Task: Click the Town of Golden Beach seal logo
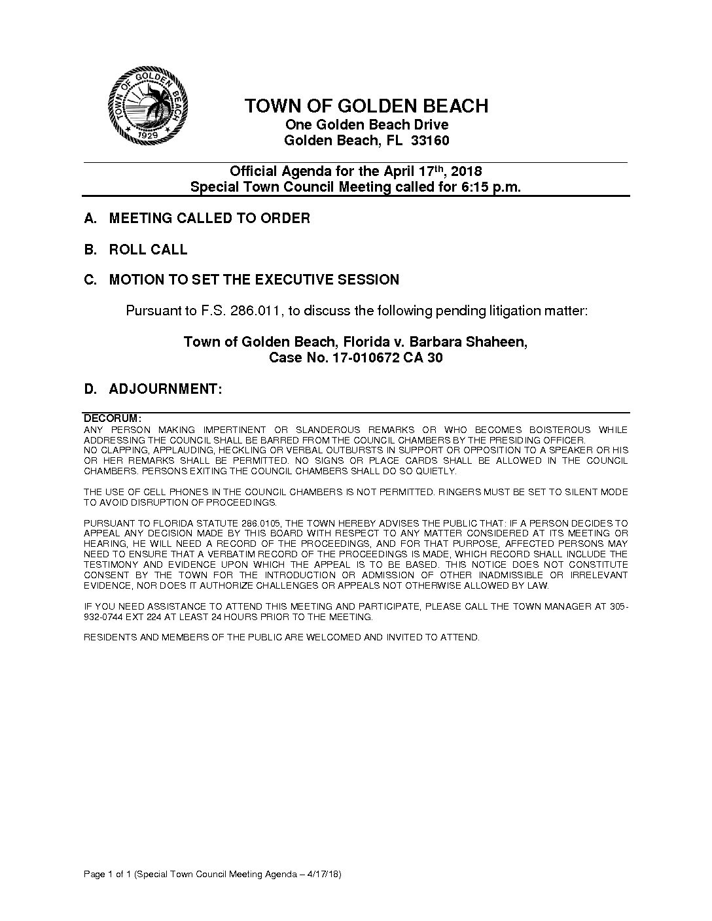148,105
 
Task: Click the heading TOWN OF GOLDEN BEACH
366,106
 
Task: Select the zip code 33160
430,141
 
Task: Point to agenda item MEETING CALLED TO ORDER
209,218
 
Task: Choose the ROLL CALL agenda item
148,249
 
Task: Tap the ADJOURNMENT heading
166,389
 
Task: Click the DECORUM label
113,418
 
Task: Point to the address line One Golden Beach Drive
366,125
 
